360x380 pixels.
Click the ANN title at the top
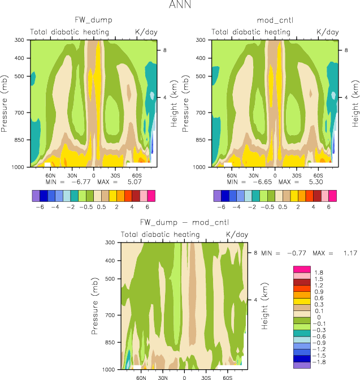(180, 6)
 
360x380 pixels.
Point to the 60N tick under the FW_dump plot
(49, 175)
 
